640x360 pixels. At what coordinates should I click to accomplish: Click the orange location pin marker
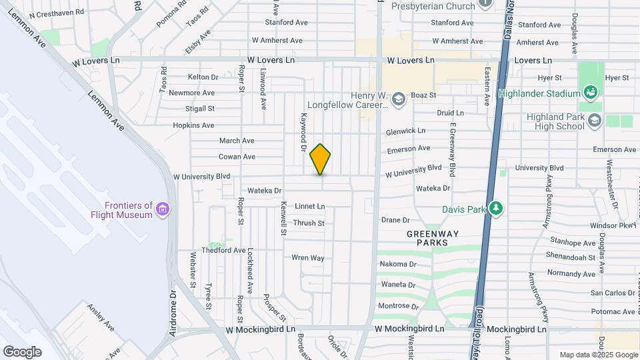pyautogui.click(x=321, y=159)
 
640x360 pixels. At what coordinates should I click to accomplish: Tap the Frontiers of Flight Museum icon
pyautogui.click(x=162, y=211)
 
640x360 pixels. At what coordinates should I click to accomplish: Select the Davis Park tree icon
pyautogui.click(x=495, y=208)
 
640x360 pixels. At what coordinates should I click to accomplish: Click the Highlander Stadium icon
pyautogui.click(x=590, y=92)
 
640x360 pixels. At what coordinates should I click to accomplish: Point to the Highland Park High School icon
pyautogui.click(x=595, y=121)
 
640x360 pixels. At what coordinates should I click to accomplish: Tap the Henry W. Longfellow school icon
pyautogui.click(x=398, y=99)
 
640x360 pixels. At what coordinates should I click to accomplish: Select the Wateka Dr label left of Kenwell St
pyautogui.click(x=265, y=191)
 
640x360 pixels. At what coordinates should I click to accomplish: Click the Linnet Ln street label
pyautogui.click(x=310, y=207)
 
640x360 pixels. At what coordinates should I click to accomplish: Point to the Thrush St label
pyautogui.click(x=309, y=223)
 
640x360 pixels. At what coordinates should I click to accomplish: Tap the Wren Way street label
pyautogui.click(x=307, y=258)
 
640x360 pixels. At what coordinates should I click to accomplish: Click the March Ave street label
pyautogui.click(x=237, y=141)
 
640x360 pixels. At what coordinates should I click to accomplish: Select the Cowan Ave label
pyautogui.click(x=237, y=157)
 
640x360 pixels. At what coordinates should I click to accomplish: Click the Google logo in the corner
pyautogui.click(x=22, y=352)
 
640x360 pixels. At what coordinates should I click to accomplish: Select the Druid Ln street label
pyautogui.click(x=450, y=113)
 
